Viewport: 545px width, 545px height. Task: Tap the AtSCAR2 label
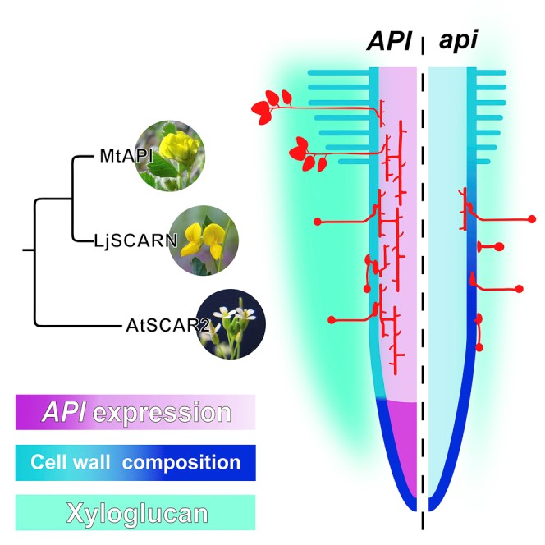pyautogui.click(x=155, y=326)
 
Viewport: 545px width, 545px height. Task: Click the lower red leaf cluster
pyautogui.click(x=304, y=155)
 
